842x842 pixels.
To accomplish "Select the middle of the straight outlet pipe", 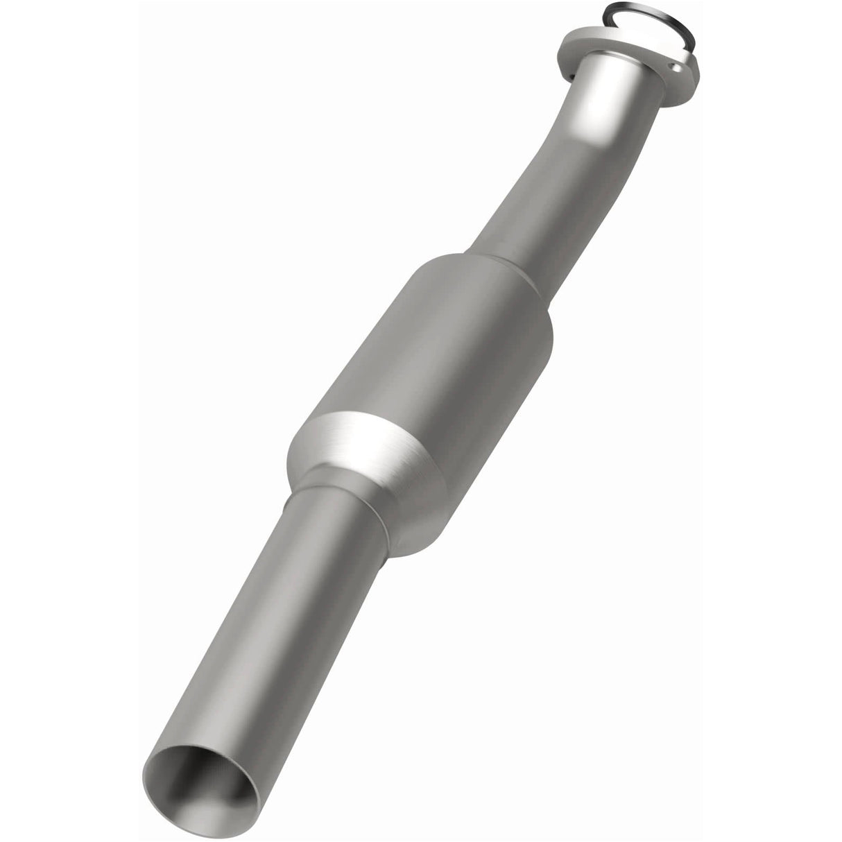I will (277, 610).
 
